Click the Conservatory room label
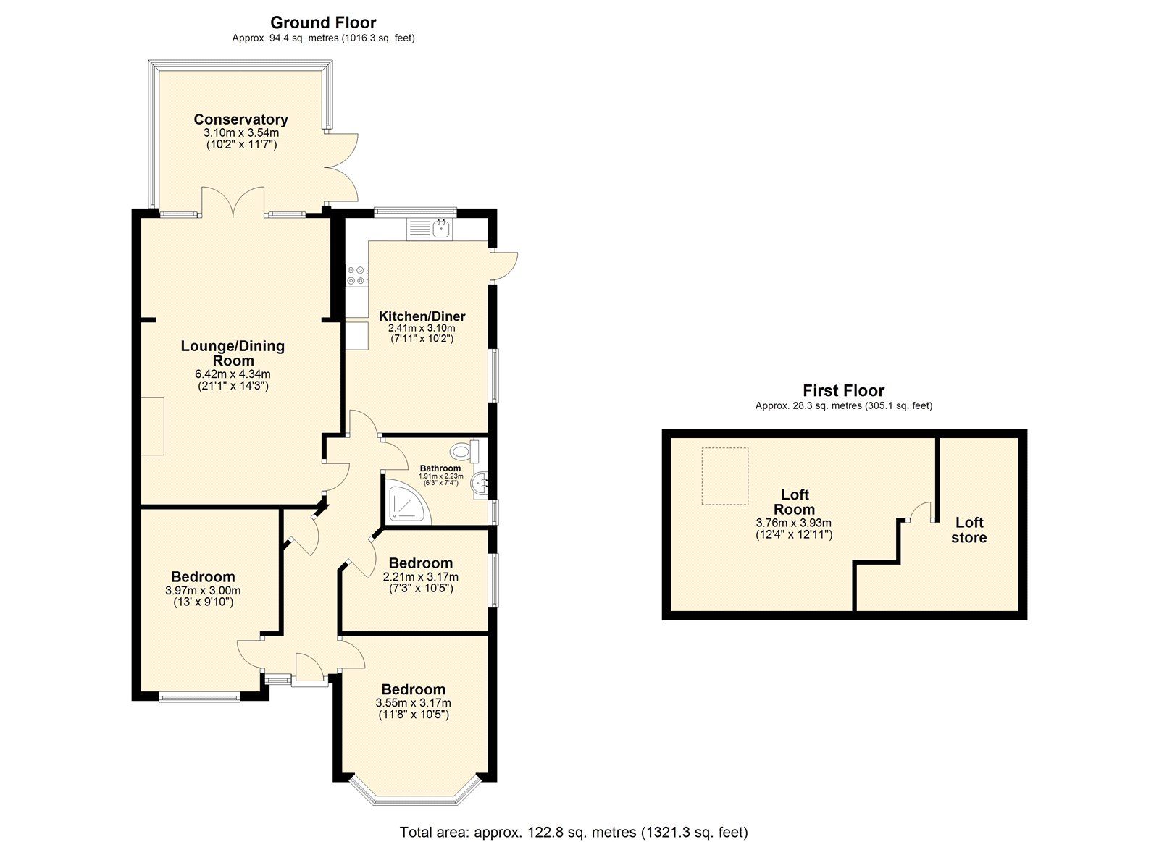click(240, 119)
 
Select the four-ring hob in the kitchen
click(356, 275)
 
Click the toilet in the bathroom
click(464, 452)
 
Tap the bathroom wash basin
click(480, 484)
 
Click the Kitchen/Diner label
click(422, 316)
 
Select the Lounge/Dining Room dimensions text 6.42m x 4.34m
click(233, 374)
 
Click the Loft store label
click(968, 530)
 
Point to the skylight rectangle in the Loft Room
click(725, 476)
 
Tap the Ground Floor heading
click(323, 22)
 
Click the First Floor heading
click(843, 391)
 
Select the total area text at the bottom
click(573, 832)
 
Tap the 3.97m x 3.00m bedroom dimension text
click(203, 590)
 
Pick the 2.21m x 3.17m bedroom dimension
click(420, 577)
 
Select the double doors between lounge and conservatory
click(233, 202)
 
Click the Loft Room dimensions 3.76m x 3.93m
click(793, 523)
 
